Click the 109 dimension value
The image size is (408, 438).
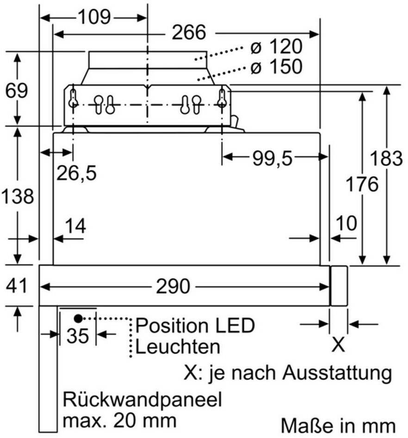coord(94,17)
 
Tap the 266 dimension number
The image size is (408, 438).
coord(189,32)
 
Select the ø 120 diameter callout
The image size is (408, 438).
coord(276,46)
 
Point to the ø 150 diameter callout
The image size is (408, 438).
coord(276,67)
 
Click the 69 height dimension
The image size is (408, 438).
coord(17,91)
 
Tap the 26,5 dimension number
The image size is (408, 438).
coord(76,173)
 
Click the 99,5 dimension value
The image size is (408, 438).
coord(272,158)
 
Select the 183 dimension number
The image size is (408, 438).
coord(386,158)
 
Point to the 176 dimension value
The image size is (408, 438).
coord(362,184)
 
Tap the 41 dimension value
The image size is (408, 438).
coord(17,285)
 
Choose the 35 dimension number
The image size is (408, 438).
coord(78,335)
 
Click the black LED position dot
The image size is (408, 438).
coord(78,318)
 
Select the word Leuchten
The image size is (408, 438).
coord(178,347)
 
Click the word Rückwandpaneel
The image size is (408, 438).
coord(142,400)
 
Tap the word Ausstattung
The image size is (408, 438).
coord(337,372)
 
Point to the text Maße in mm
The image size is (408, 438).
coord(338,426)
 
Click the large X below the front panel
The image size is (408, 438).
coord(338,345)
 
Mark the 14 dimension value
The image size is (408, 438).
coord(75,226)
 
